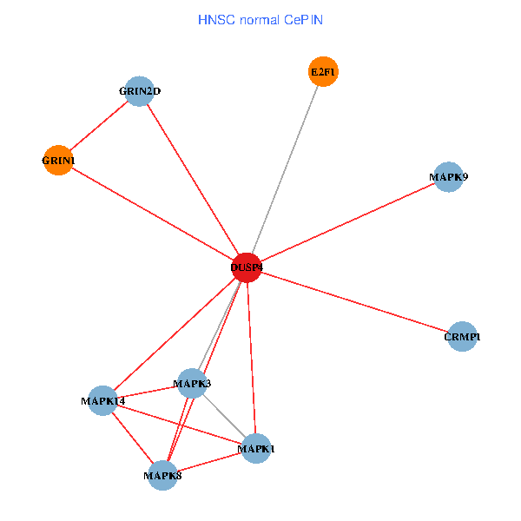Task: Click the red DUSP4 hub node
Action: tap(247, 267)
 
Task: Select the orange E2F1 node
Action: tap(323, 71)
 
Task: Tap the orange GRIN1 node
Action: tap(58, 160)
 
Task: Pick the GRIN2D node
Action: tap(140, 90)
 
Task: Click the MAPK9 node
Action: tap(448, 177)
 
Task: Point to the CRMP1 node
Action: tap(462, 336)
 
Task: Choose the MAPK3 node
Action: tap(192, 382)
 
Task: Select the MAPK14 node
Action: tap(103, 400)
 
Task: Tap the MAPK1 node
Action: tap(255, 448)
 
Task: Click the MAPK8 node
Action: tap(162, 475)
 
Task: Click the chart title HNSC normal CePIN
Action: tap(260, 19)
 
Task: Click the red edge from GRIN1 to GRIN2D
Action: tap(99, 125)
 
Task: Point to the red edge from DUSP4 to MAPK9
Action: tap(347, 222)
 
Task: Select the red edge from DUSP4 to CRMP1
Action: tap(354, 301)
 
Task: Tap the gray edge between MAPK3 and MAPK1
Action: tap(224, 415)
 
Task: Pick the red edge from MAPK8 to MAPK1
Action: tap(208, 462)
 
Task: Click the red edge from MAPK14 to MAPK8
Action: tap(133, 438)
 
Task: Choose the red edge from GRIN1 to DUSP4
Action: tap(152, 214)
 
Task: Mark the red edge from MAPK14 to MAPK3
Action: tap(148, 391)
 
